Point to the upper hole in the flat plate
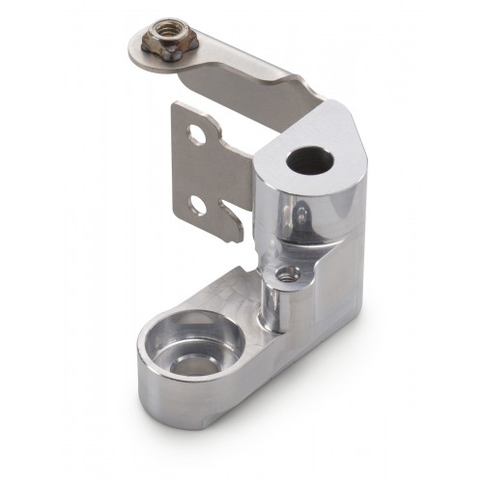coord(197,136)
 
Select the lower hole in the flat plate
coord(197,205)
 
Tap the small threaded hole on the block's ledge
coord(284,274)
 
